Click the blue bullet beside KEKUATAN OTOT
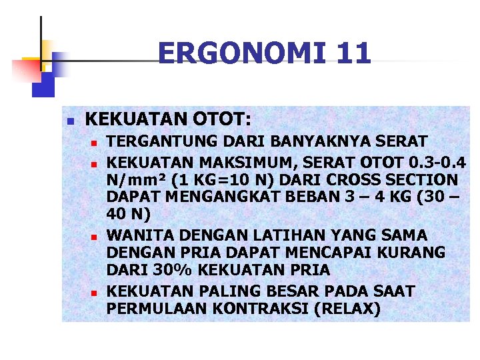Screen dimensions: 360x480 point(69,121)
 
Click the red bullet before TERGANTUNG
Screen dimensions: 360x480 point(95,143)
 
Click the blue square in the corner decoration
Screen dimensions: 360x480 point(44,84)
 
